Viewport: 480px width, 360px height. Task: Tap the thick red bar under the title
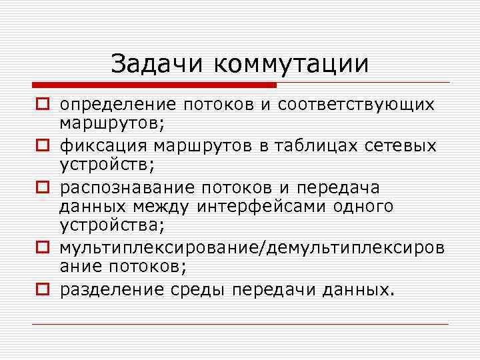154,85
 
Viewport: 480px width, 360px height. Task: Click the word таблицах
323,146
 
